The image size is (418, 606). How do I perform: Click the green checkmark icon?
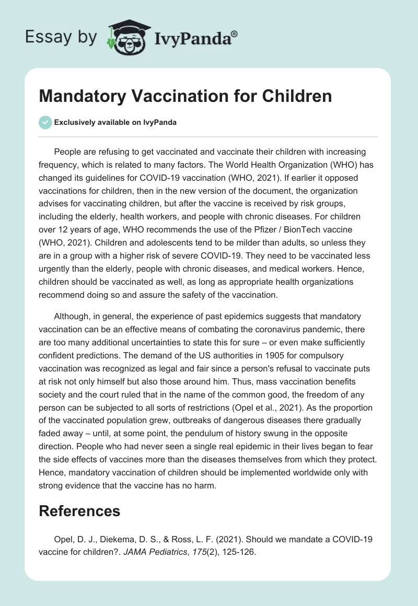[x=45, y=122]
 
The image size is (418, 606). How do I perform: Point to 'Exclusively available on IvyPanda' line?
[x=115, y=122]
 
